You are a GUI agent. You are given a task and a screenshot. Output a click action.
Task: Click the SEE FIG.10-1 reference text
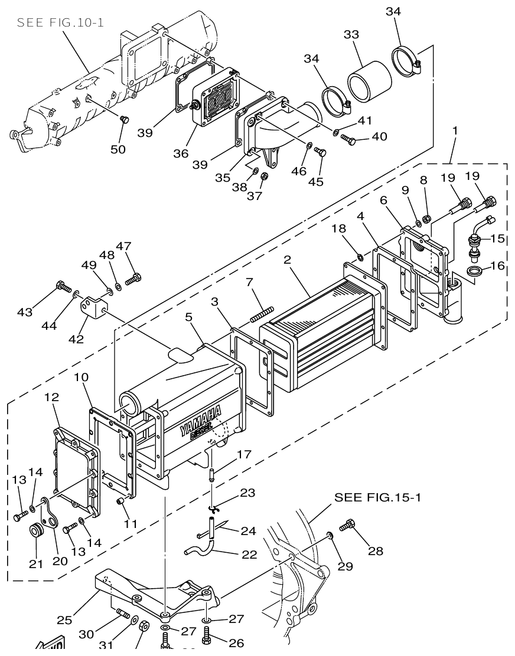coord(60,23)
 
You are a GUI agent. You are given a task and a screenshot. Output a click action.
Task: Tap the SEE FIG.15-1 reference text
coord(378,497)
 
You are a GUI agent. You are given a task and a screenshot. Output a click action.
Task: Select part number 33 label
coord(351,35)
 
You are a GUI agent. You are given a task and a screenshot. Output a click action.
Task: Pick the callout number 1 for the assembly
coord(454,130)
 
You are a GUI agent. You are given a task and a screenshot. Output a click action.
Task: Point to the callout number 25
coord(65,619)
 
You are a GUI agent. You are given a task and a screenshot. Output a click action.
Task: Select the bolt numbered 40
coord(348,140)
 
